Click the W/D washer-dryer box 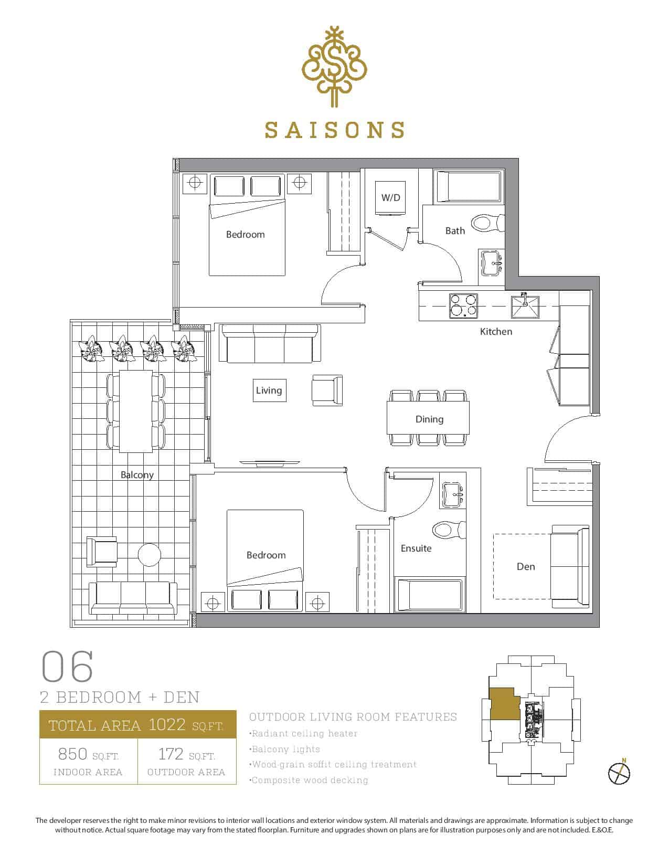click(x=390, y=198)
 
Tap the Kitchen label click(x=496, y=332)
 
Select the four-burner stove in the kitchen click(x=463, y=305)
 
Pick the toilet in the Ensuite click(x=449, y=530)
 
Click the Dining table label click(x=429, y=419)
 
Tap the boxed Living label click(x=269, y=390)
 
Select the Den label click(x=526, y=566)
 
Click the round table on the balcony click(x=150, y=555)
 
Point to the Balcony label click(x=137, y=475)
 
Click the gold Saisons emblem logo click(x=334, y=67)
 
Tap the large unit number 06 click(x=68, y=666)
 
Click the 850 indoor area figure click(x=72, y=754)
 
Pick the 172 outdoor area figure click(x=171, y=754)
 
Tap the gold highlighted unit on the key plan click(x=504, y=704)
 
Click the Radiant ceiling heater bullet click(x=303, y=733)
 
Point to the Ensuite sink click(x=453, y=494)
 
